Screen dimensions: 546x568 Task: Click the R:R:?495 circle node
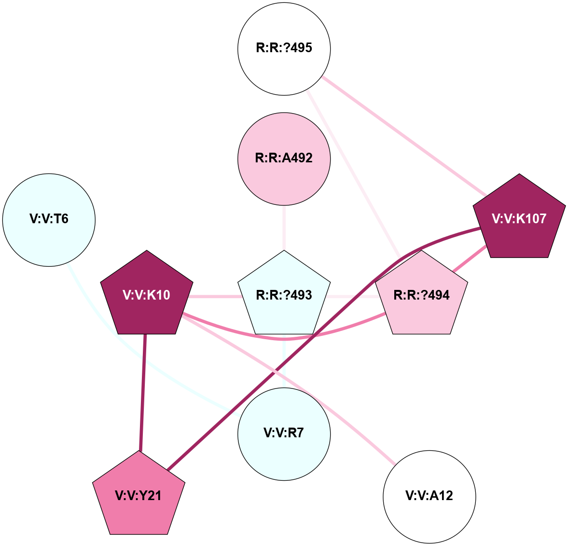tap(284, 48)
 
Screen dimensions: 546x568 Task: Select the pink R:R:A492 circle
tap(284, 158)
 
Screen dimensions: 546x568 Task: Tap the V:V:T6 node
tap(49, 220)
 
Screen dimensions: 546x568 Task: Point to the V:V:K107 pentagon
tap(519, 218)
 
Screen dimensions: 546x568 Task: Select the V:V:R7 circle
tap(284, 433)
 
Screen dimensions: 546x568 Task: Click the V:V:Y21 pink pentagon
tap(139, 495)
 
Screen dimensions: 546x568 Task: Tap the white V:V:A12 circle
tap(429, 496)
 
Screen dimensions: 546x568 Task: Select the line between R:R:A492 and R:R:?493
tap(284, 227)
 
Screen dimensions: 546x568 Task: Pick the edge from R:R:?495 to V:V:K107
tap(405, 137)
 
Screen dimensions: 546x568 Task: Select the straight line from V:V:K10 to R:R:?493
tap(215, 296)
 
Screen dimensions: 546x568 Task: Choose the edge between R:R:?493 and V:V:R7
tap(284, 362)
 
